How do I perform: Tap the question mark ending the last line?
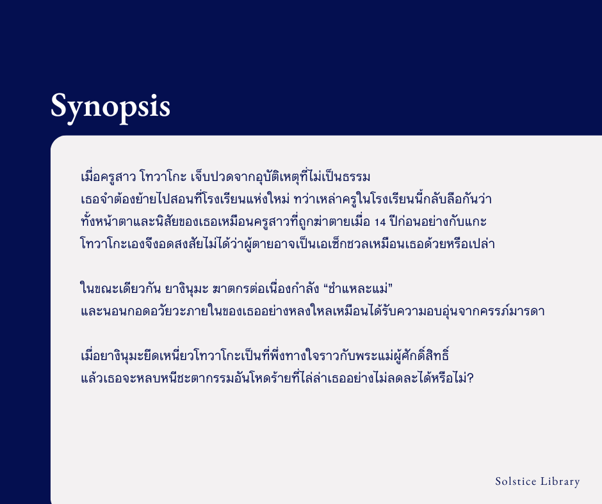(470, 378)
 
